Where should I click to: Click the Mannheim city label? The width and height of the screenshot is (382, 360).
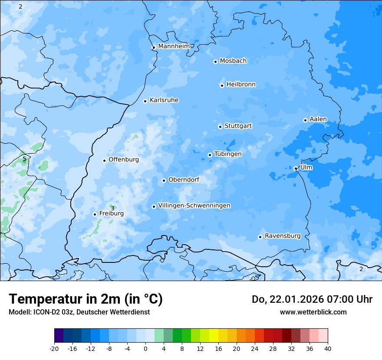pyautogui.click(x=174, y=46)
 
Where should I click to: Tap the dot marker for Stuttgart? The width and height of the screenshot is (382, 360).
pyautogui.click(x=221, y=127)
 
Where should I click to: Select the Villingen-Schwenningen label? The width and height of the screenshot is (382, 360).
pyautogui.click(x=194, y=206)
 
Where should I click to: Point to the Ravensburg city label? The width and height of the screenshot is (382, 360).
pyautogui.click(x=283, y=236)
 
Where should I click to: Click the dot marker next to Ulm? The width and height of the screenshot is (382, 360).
pyautogui.click(x=296, y=168)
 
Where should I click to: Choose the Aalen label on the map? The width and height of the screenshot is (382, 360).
pyautogui.click(x=318, y=119)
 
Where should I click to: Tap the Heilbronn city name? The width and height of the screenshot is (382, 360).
pyautogui.click(x=241, y=85)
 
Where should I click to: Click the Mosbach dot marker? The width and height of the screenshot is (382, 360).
pyautogui.click(x=215, y=62)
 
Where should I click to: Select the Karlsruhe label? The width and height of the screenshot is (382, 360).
pyautogui.click(x=164, y=100)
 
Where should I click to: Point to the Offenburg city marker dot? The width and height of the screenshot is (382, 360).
pyautogui.click(x=105, y=160)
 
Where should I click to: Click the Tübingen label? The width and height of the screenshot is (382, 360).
pyautogui.click(x=228, y=154)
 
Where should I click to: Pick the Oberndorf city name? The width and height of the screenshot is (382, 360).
pyautogui.click(x=184, y=180)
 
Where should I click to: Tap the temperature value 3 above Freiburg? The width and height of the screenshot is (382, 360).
pyautogui.click(x=112, y=208)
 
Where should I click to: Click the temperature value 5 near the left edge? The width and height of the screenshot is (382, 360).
pyautogui.click(x=24, y=159)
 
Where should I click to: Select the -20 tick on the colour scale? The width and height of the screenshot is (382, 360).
pyautogui.click(x=54, y=348)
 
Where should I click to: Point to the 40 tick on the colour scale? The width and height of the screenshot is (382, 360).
pyautogui.click(x=327, y=348)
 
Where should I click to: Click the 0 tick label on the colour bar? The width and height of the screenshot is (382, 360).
pyautogui.click(x=145, y=348)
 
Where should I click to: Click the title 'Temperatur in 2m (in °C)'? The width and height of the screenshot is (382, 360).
pyautogui.click(x=86, y=299)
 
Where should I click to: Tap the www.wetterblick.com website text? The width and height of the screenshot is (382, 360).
pyautogui.click(x=313, y=312)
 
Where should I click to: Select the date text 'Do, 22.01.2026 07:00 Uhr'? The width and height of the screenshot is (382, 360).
pyautogui.click(x=312, y=299)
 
